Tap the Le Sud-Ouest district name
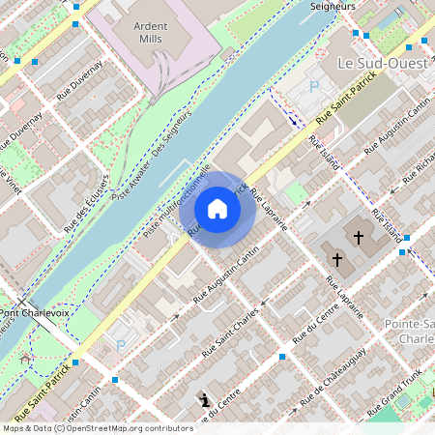384,63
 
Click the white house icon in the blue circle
217,209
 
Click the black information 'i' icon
204,399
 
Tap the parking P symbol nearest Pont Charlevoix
121,345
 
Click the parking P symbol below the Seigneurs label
313,86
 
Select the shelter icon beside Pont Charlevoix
24,361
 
